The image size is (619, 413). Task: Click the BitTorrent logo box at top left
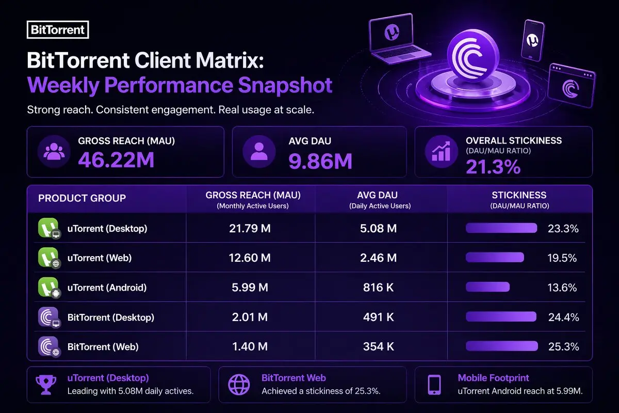[x=57, y=29]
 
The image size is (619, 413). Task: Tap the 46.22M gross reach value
[x=116, y=161]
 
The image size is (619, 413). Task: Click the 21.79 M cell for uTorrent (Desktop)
[x=250, y=228]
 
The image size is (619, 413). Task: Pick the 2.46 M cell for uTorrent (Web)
[x=379, y=258]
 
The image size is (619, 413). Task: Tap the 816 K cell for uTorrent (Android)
[x=379, y=288]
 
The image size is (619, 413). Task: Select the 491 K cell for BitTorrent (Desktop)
[x=379, y=317]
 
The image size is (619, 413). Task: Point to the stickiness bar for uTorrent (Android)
[x=487, y=288]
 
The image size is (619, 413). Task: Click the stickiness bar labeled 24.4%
[x=502, y=317]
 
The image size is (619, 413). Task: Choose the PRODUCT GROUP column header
[x=82, y=198]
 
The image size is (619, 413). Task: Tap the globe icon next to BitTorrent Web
[x=238, y=385]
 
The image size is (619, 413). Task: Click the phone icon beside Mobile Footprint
[x=434, y=385]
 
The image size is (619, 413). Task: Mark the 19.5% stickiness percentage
[x=562, y=258]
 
